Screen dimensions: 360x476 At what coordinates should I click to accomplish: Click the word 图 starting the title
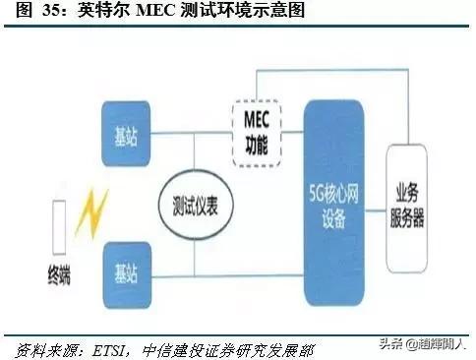(x=14, y=12)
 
